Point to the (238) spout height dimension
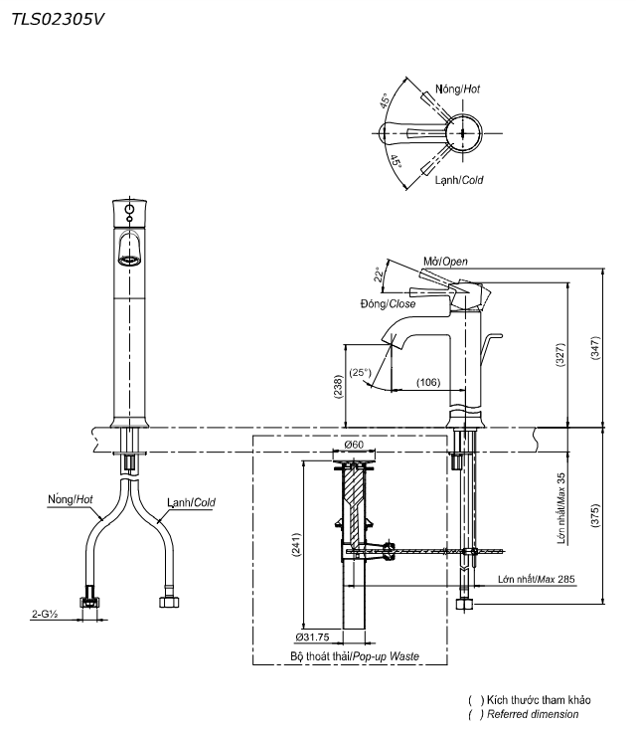[x=338, y=386]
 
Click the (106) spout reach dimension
[x=428, y=381]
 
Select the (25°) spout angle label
[x=360, y=373]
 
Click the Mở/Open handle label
[x=444, y=262]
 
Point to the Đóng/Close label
[x=389, y=303]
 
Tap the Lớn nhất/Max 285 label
[x=536, y=578]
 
